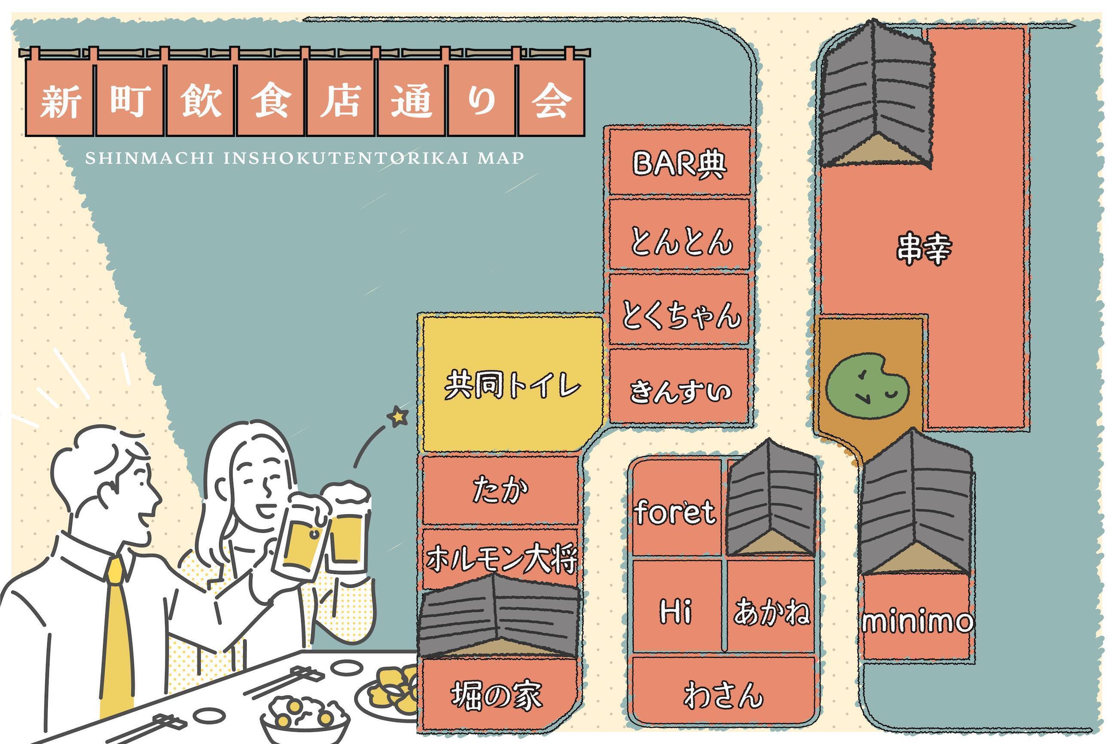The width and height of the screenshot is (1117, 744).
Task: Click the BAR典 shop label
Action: click(x=679, y=164)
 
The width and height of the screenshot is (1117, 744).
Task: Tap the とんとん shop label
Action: click(x=681, y=241)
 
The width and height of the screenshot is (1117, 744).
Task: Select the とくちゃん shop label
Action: click(x=681, y=315)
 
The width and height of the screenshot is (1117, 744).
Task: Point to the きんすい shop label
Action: click(x=680, y=392)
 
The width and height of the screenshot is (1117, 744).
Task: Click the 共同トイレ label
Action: click(x=512, y=385)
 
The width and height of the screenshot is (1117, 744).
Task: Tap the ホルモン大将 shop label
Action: click(x=501, y=559)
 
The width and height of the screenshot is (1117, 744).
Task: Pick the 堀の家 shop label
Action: click(x=496, y=695)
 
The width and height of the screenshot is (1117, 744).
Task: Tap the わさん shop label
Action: click(x=723, y=695)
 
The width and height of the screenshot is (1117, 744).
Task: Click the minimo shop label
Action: click(x=918, y=621)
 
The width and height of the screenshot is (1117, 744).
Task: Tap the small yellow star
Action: click(x=397, y=416)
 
